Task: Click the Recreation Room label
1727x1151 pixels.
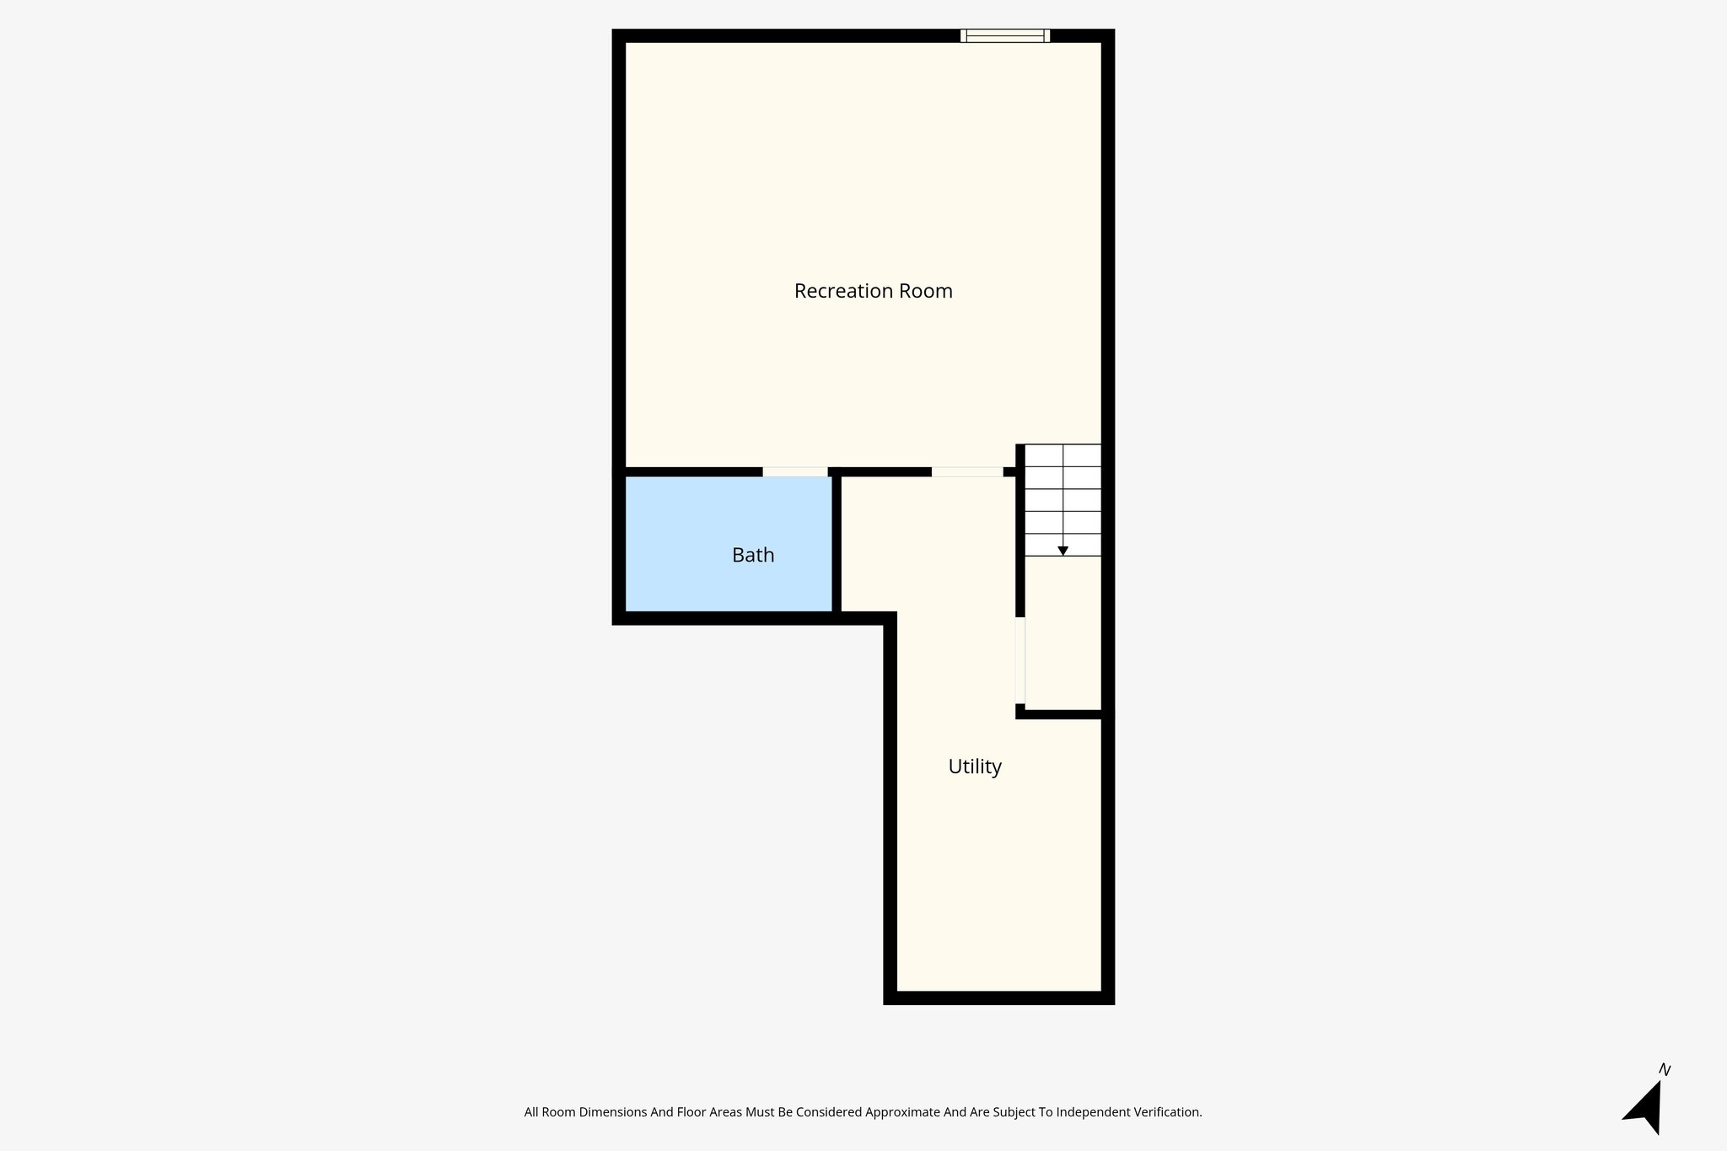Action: click(x=873, y=291)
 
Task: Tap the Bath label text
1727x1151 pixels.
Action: click(x=753, y=555)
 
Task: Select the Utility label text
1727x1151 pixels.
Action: click(x=975, y=766)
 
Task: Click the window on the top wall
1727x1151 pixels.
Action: click(x=1004, y=35)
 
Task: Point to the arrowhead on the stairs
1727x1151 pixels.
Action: click(x=1063, y=551)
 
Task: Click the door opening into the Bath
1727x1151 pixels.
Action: click(x=794, y=472)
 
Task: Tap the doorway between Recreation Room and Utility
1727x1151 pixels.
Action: click(x=966, y=472)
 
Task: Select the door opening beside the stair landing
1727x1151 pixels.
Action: click(x=1020, y=660)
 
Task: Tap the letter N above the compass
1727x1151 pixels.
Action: click(x=1664, y=1070)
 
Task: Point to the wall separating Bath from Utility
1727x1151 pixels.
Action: click(x=837, y=544)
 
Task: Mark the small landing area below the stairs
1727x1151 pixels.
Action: click(x=1063, y=632)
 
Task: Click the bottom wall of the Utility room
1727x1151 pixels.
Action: click(x=998, y=998)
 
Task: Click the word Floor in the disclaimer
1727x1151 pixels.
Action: click(x=691, y=1112)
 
